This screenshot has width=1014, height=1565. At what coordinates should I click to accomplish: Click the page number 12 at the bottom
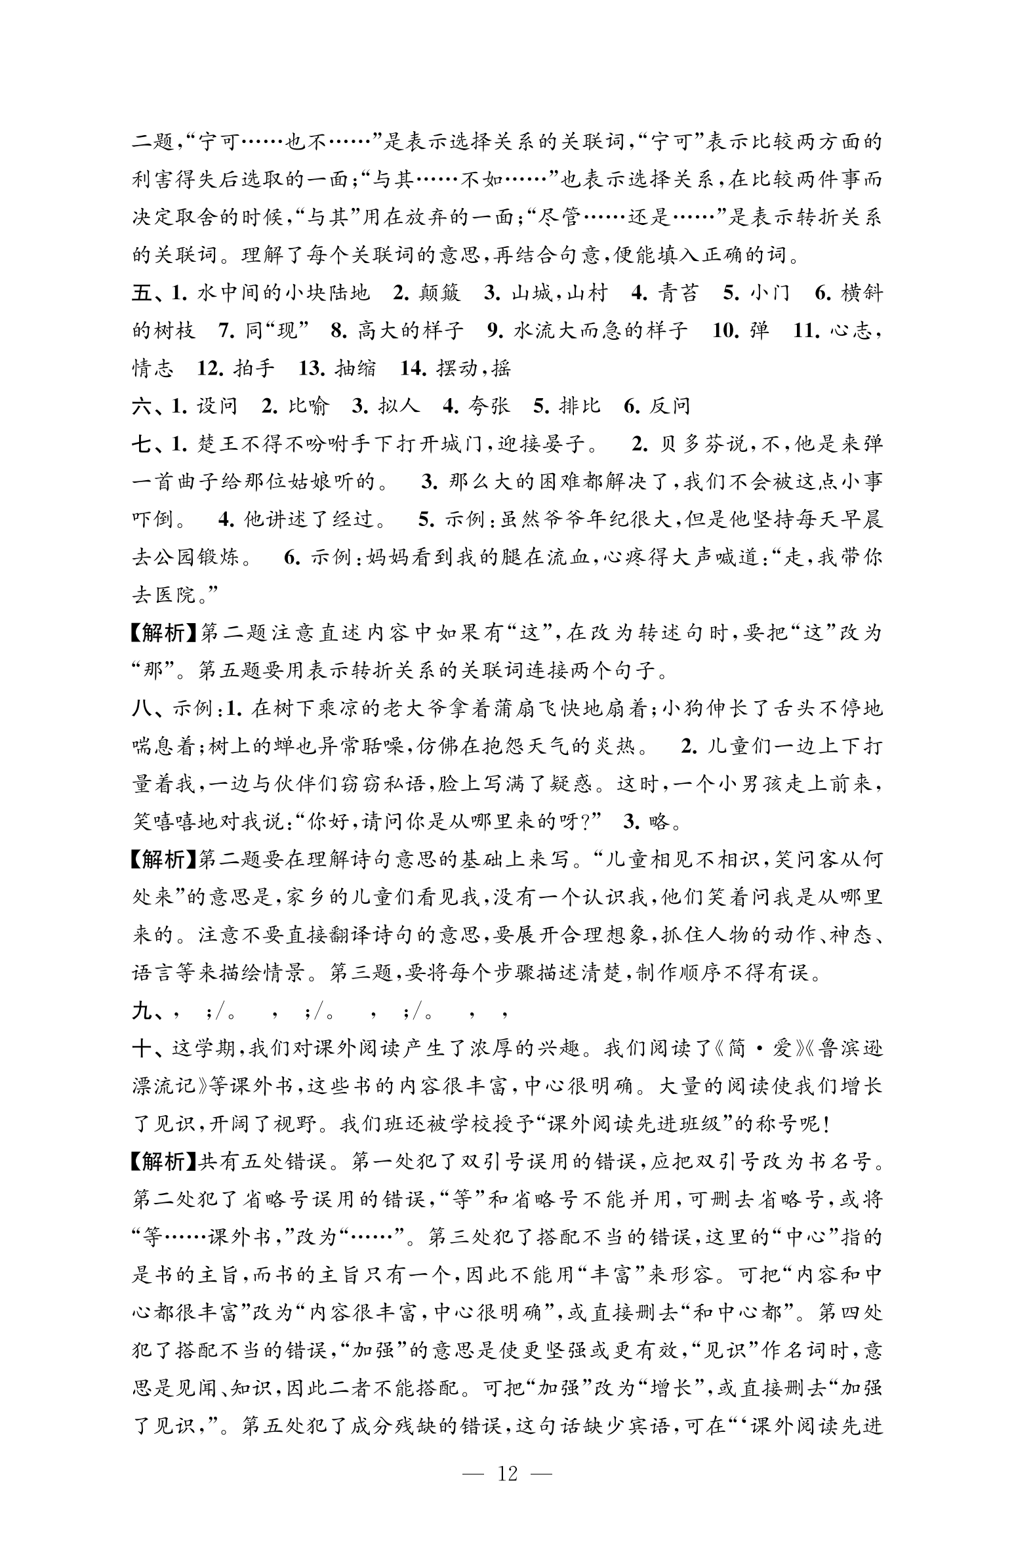[x=507, y=1474]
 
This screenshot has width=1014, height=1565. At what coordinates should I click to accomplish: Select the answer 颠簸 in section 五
[x=439, y=293]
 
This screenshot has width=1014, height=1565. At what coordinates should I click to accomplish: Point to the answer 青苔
[x=678, y=293]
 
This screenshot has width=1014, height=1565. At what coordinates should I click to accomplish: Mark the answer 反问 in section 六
[x=670, y=407]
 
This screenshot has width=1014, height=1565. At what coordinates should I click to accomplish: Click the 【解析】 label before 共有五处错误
[x=164, y=1162]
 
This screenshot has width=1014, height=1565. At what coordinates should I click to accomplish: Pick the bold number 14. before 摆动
[x=413, y=368]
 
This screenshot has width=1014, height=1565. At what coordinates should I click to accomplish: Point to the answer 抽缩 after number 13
[x=355, y=368]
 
